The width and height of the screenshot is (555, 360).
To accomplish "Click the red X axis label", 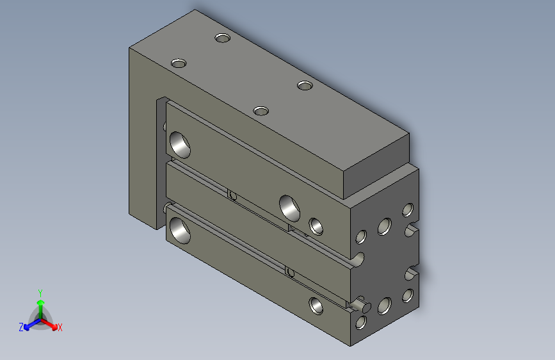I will tap(60, 327).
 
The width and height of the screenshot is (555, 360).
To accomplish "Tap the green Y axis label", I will tap(40, 291).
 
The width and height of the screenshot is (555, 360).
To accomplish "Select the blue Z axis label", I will tap(21, 327).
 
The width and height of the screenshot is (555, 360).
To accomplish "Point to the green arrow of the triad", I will tap(40, 302).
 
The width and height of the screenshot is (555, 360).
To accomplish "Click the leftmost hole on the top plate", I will tap(179, 63).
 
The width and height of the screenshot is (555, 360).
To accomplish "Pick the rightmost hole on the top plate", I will tap(305, 85).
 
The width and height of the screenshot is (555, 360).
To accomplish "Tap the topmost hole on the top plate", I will tap(222, 38).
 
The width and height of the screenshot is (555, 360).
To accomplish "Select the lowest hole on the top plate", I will tap(261, 111).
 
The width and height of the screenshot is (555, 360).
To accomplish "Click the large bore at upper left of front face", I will tap(180, 144).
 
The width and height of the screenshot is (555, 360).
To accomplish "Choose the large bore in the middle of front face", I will tap(291, 207).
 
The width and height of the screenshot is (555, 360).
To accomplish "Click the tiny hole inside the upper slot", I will tap(232, 195).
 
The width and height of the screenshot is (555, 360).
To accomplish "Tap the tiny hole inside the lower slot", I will tap(290, 272).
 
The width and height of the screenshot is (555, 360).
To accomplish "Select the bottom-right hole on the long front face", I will tap(316, 306).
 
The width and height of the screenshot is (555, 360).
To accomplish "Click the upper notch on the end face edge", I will tap(412, 229).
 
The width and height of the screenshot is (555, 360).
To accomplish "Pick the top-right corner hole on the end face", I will tap(406, 209).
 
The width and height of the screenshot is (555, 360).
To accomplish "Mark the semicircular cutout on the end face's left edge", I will tap(359, 259).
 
